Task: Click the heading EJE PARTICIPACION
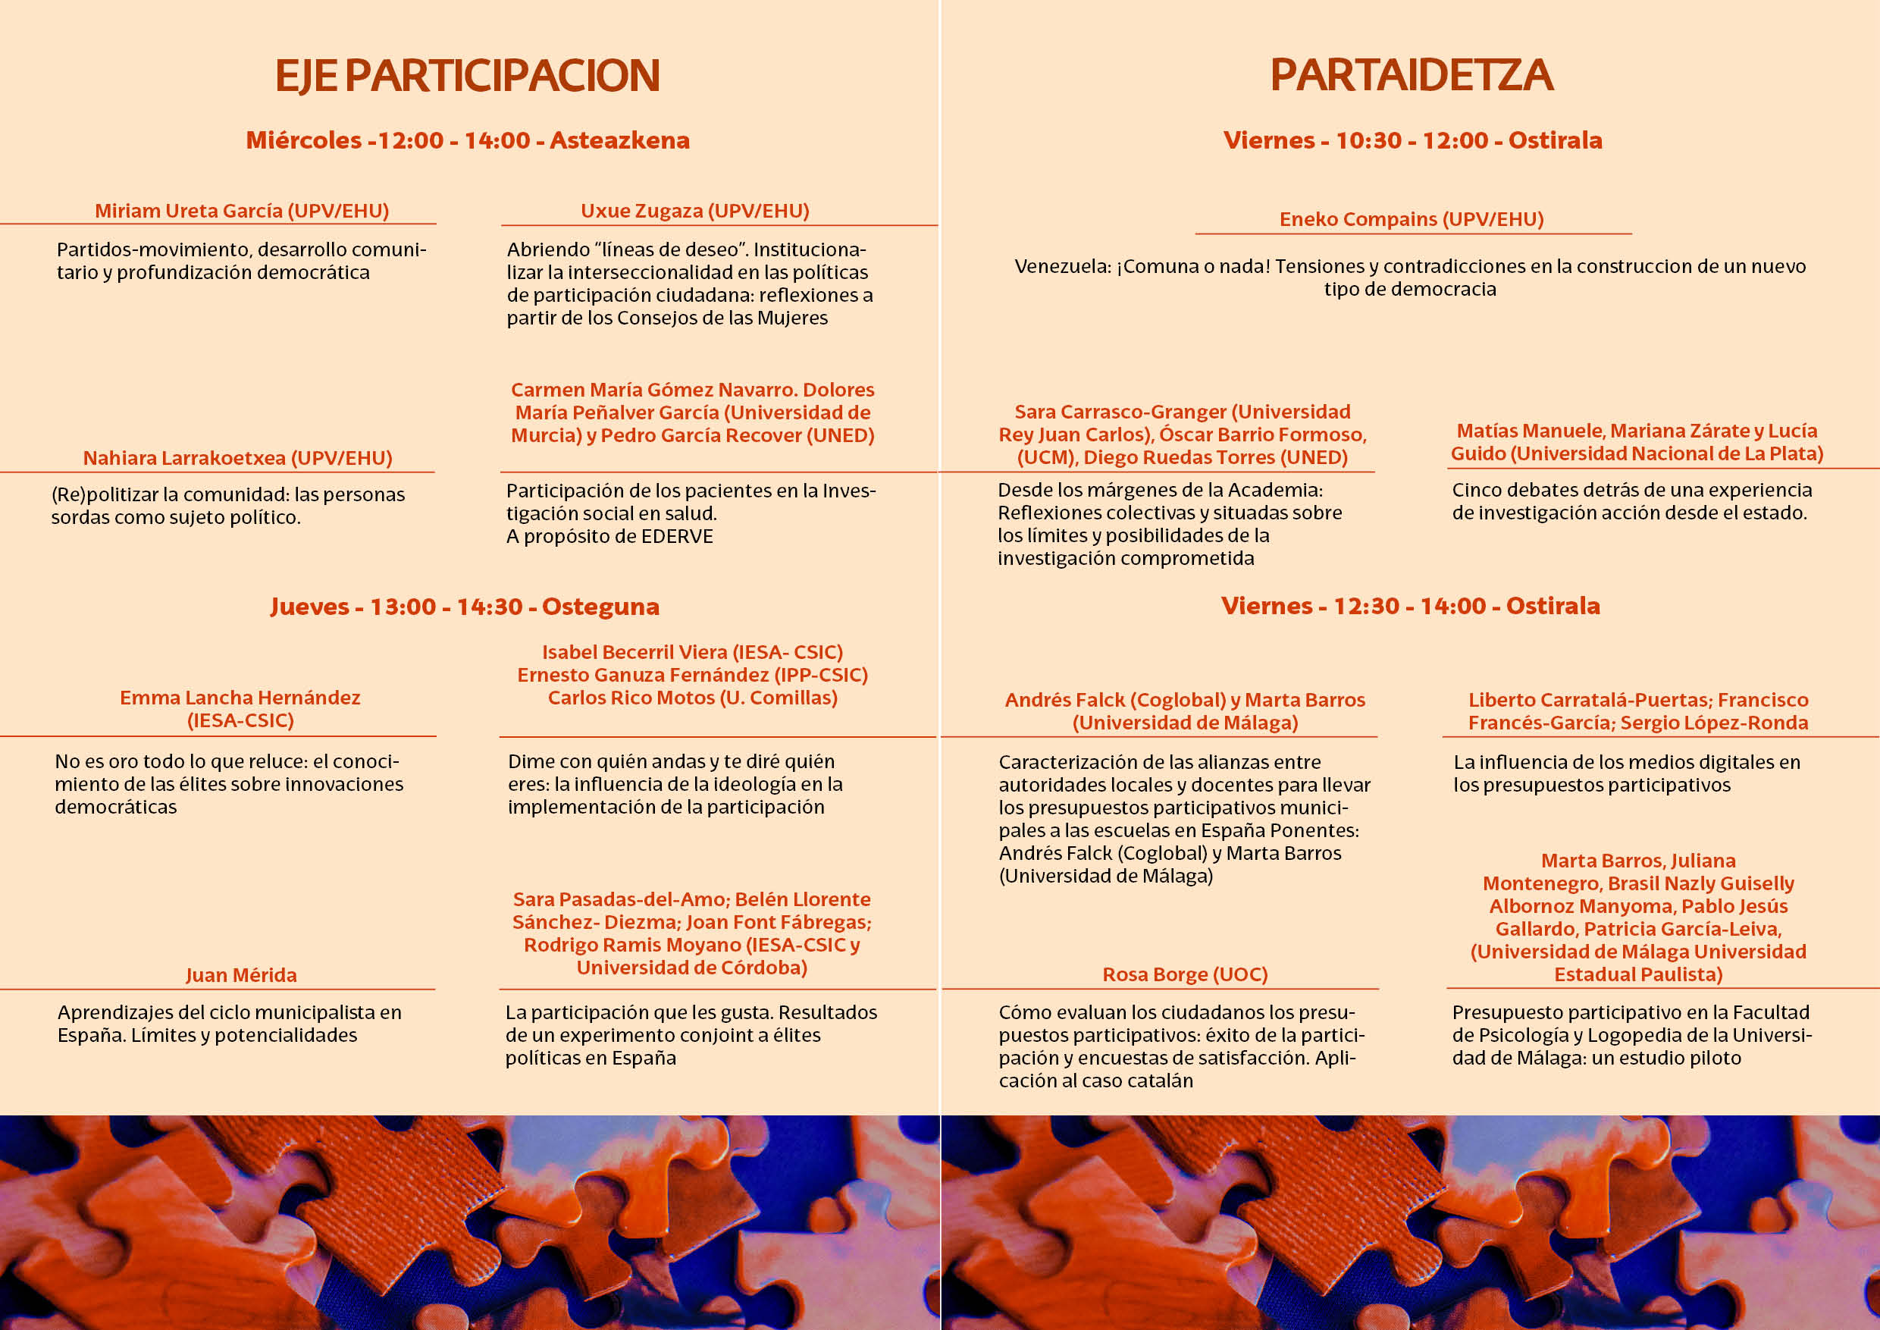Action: coord(467,75)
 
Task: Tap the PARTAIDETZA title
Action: coord(1411,75)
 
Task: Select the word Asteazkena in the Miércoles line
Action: coord(620,140)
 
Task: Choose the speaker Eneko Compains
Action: coord(1358,219)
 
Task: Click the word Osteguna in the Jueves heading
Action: coord(600,607)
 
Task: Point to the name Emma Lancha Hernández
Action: coord(240,698)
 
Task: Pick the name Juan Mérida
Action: coord(241,974)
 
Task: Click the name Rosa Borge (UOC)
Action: coord(1185,974)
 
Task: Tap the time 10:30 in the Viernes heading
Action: coord(1368,140)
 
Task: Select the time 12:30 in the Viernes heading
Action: coord(1366,606)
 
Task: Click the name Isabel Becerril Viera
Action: coord(634,652)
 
